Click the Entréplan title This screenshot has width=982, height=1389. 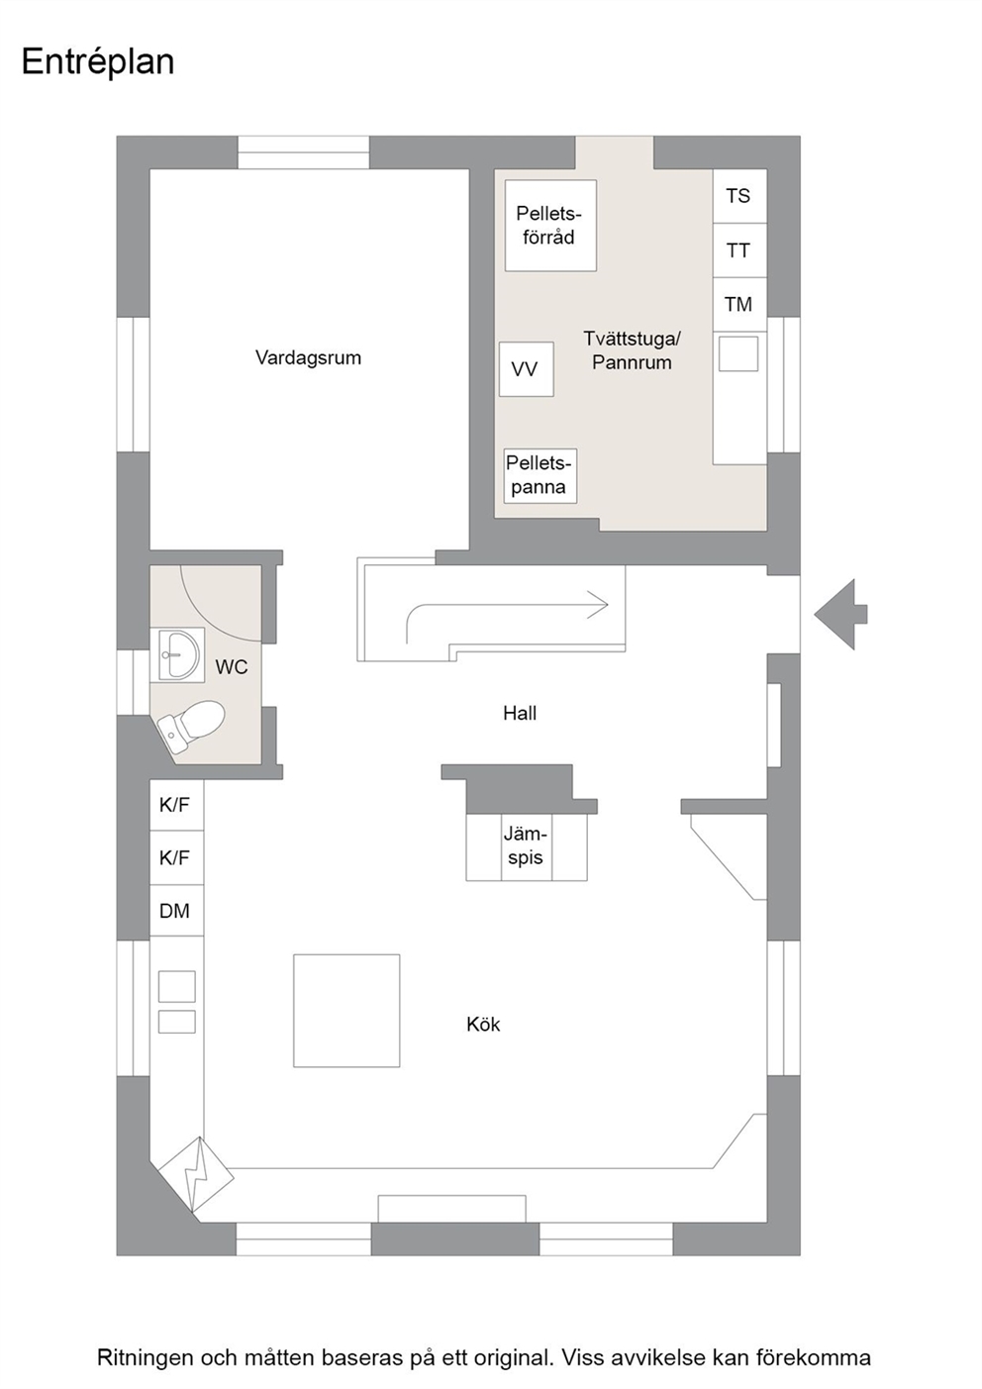(98, 62)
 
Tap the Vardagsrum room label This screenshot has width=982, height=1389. (308, 357)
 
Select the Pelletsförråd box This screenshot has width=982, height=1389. (550, 226)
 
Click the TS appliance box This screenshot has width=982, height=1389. (739, 196)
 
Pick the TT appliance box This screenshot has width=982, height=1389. (739, 250)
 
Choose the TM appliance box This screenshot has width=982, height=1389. (739, 305)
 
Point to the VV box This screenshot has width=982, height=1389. (527, 369)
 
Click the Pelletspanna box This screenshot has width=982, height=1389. (540, 475)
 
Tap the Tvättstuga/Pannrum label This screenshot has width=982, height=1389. (632, 350)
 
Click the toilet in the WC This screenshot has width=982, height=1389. (190, 725)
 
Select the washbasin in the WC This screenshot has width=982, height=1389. (178, 654)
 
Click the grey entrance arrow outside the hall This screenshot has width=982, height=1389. (840, 615)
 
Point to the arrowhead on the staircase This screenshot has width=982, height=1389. (598, 605)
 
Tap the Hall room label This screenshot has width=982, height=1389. (520, 713)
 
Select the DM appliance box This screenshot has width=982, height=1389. (176, 910)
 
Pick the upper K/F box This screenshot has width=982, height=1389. (176, 805)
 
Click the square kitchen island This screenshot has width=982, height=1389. (346, 1011)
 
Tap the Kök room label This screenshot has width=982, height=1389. (483, 1024)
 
